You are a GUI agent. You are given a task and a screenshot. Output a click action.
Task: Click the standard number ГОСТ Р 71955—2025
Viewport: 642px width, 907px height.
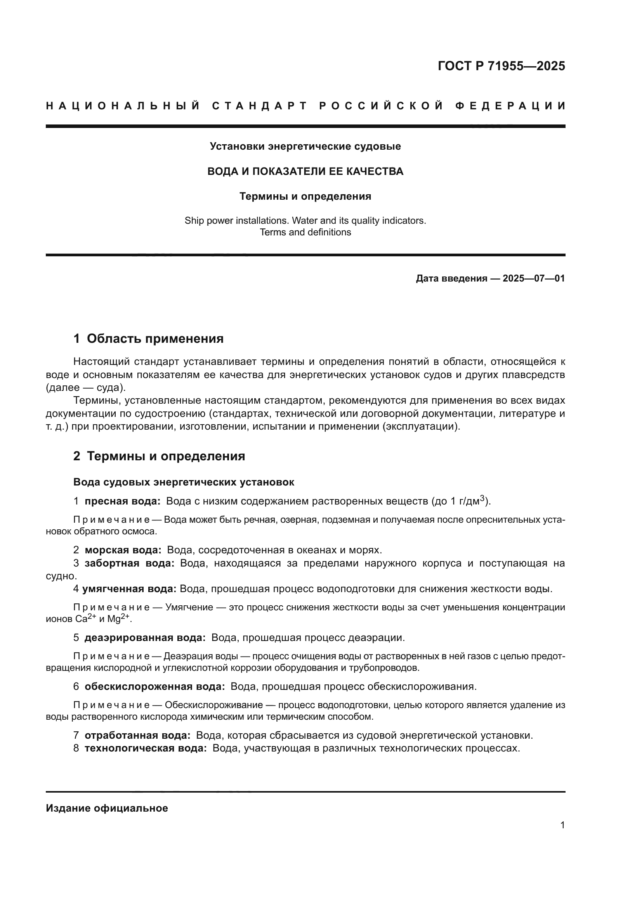click(501, 66)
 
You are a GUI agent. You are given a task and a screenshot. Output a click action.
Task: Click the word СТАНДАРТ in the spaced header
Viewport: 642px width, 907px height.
click(259, 106)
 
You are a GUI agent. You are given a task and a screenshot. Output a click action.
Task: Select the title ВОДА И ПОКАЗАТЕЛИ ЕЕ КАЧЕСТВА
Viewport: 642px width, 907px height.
click(305, 171)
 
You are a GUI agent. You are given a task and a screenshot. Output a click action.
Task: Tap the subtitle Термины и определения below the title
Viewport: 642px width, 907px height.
click(305, 196)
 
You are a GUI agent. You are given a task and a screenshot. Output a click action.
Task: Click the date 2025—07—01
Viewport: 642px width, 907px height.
click(533, 278)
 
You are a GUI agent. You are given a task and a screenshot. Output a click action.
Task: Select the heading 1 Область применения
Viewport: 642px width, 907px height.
click(148, 339)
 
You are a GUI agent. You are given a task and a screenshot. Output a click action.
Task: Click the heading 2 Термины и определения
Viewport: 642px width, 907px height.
click(159, 456)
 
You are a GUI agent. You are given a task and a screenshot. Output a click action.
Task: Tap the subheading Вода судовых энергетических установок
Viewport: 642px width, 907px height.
click(184, 482)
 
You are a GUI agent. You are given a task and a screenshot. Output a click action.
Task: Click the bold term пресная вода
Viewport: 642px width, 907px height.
click(123, 501)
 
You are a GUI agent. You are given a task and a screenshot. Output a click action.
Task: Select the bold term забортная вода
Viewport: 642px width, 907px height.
click(129, 563)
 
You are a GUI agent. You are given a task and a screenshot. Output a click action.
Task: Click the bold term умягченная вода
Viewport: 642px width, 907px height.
click(129, 589)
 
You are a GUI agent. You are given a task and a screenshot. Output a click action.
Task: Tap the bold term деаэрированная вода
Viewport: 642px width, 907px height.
click(145, 638)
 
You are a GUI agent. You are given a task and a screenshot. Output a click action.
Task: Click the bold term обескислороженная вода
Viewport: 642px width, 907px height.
click(154, 687)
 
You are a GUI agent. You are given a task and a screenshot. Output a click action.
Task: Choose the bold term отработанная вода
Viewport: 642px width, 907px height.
click(137, 736)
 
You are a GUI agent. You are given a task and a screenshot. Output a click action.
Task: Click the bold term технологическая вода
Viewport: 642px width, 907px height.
click(146, 748)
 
